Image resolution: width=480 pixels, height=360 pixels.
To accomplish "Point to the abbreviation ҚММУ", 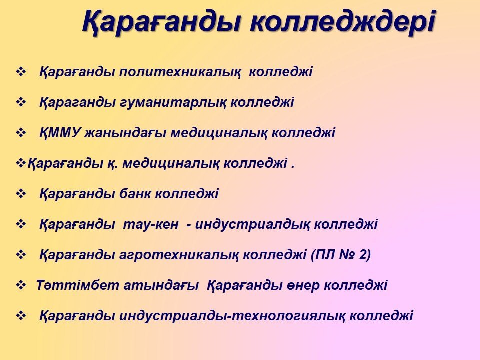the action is [x=60, y=133].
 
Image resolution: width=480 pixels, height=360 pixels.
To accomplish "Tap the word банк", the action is [x=135, y=194].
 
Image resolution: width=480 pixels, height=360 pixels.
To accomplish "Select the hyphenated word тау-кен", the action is [x=151, y=224].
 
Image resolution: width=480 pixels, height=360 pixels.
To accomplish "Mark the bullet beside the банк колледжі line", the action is [x=21, y=194].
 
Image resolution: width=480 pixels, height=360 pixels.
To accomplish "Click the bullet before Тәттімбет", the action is [x=21, y=285].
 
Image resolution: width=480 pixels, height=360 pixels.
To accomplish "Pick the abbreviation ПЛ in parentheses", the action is [x=325, y=255].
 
